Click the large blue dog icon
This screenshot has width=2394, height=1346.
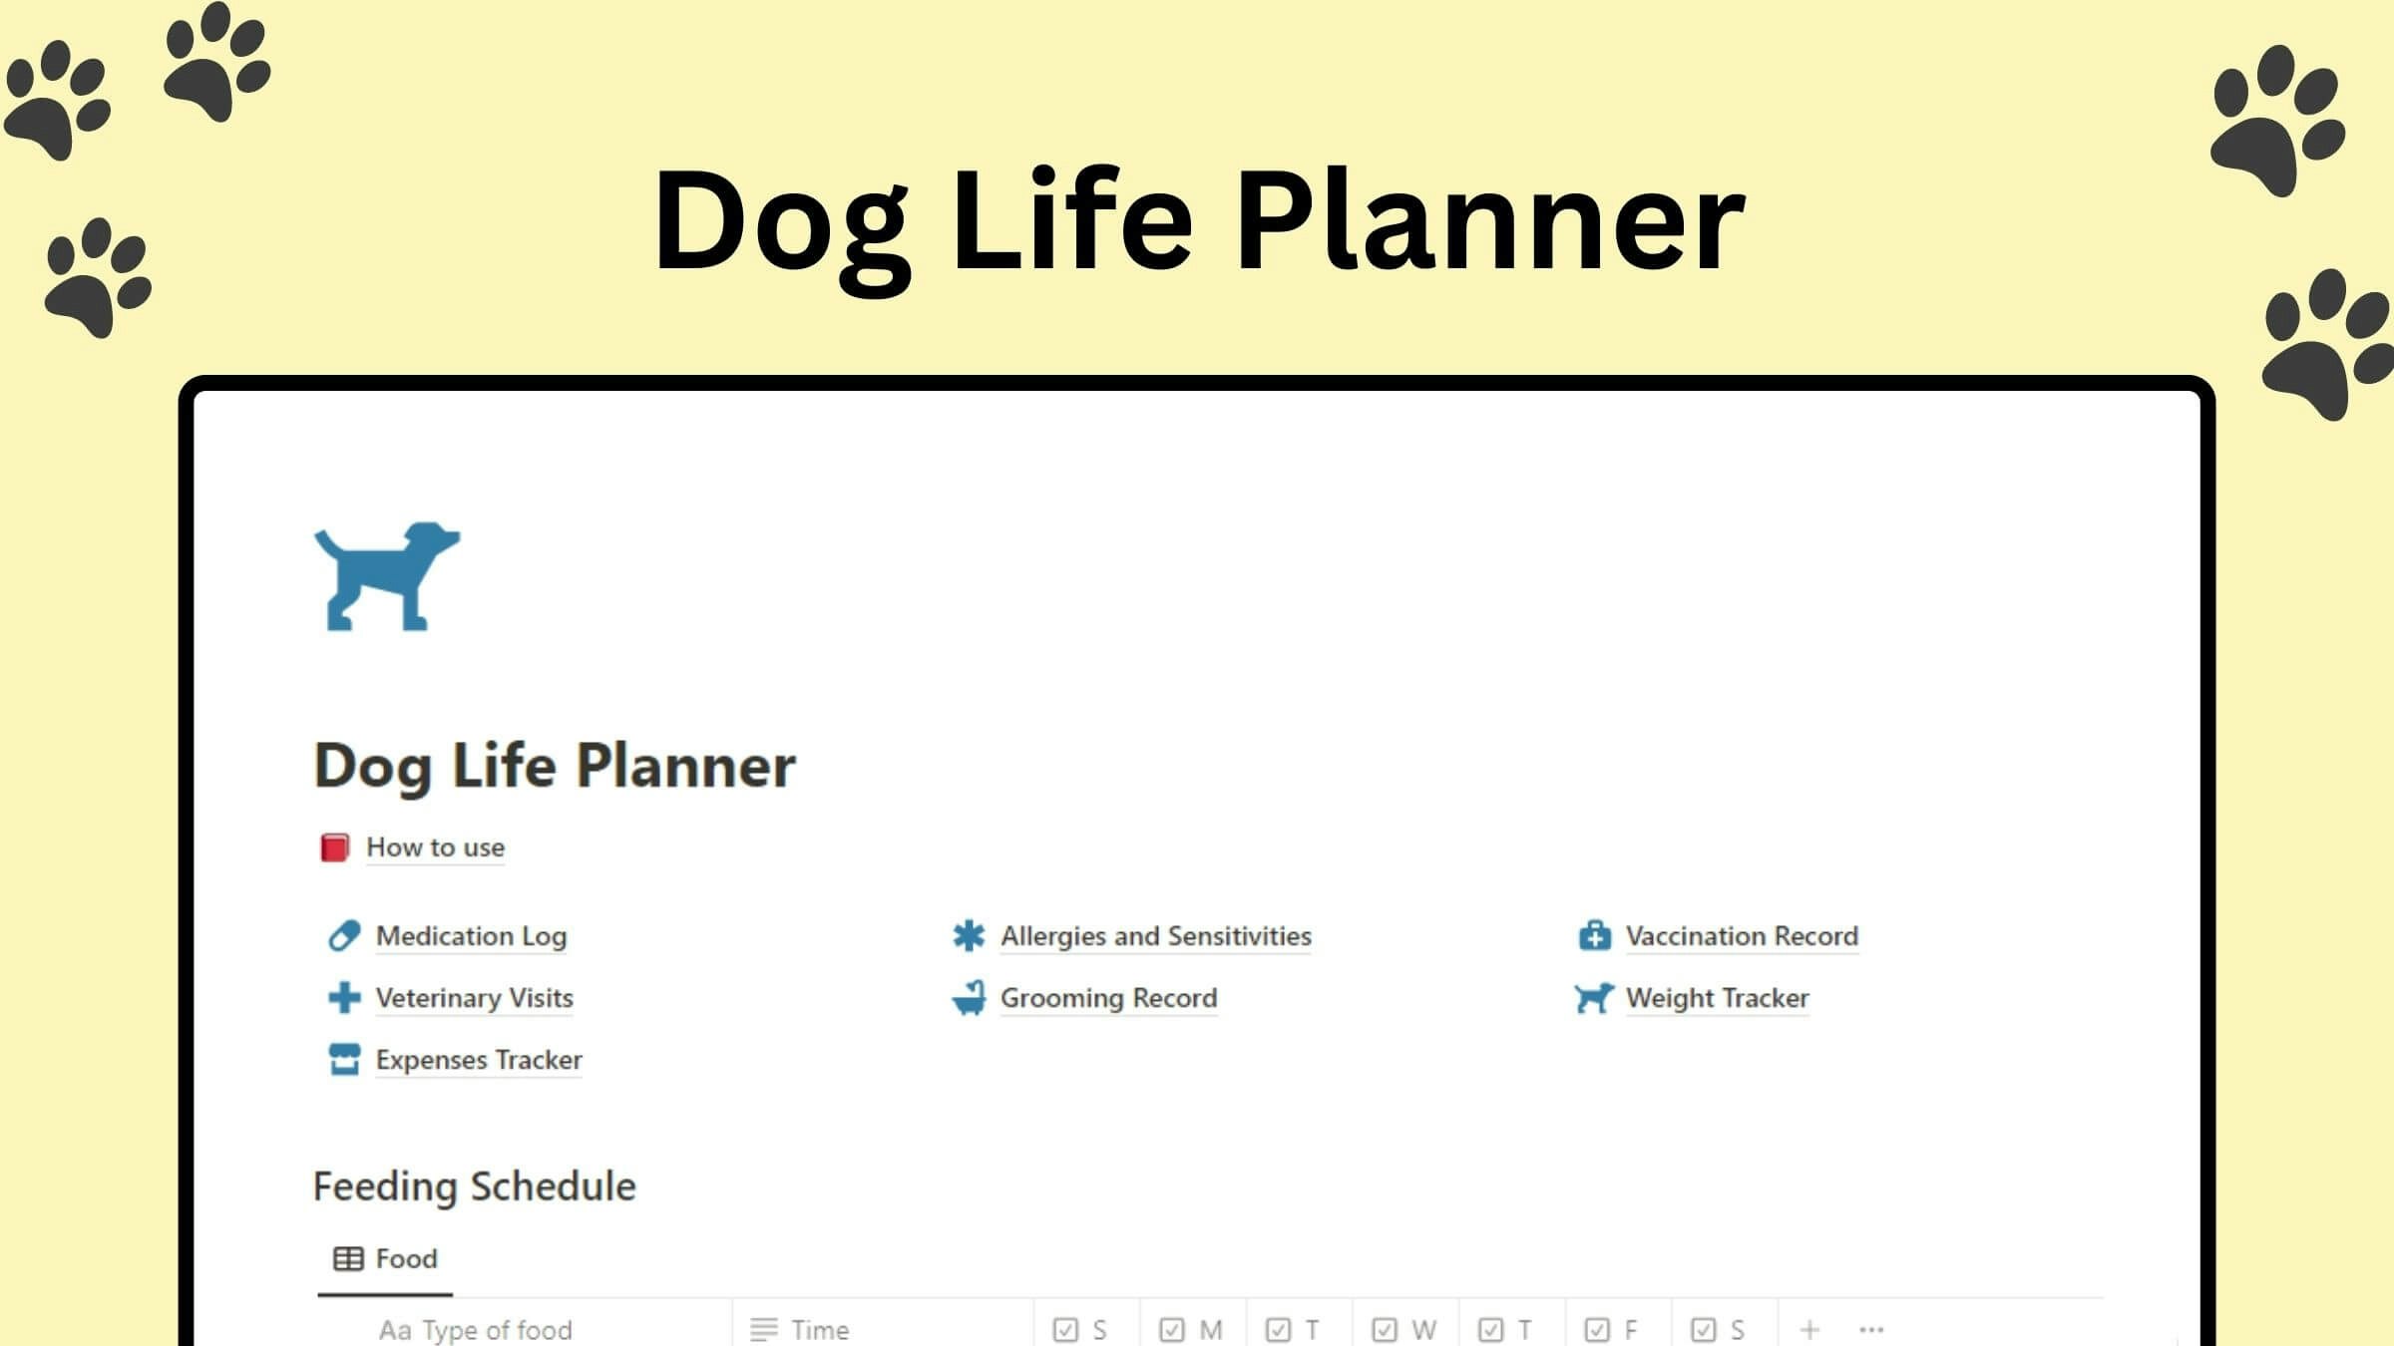pos(387,576)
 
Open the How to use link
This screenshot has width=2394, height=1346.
pos(435,847)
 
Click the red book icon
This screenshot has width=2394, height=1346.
pos(334,847)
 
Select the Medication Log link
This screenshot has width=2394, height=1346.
pos(471,936)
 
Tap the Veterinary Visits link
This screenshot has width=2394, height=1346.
pos(474,998)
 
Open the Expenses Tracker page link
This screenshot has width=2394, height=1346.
pos(479,1060)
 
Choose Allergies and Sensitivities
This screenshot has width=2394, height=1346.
pos(1155,936)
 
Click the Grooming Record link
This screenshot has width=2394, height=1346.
pos(1108,998)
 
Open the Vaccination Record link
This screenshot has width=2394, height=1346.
pos(1742,936)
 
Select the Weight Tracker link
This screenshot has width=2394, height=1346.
pos(1717,998)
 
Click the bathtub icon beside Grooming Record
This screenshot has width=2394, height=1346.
pos(969,998)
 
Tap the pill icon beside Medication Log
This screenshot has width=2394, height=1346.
pos(344,936)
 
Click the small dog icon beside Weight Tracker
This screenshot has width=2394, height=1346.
pos(1594,998)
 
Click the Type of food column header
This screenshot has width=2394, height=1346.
pos(476,1329)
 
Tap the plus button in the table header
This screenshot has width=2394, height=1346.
pos(1809,1329)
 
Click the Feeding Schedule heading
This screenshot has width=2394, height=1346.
pos(475,1186)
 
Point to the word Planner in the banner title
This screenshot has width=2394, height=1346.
pos(1490,221)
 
